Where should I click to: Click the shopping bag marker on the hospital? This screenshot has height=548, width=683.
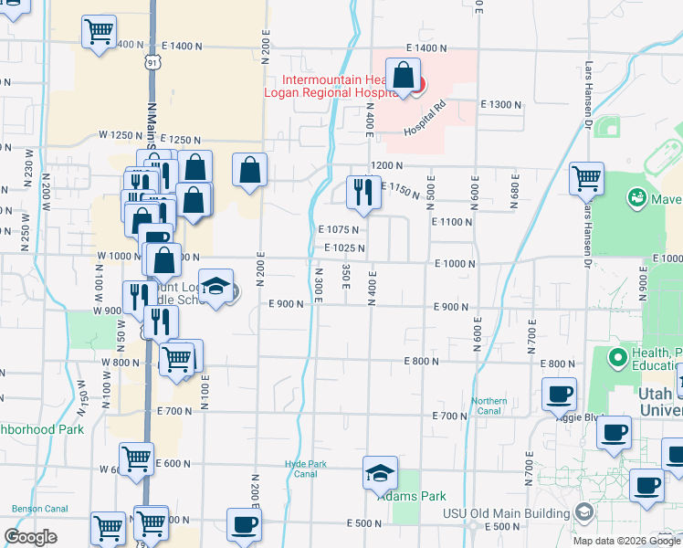403,78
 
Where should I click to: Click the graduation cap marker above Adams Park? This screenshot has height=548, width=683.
380,473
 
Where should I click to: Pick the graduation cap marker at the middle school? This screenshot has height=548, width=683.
215,288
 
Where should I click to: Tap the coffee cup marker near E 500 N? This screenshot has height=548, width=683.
244,525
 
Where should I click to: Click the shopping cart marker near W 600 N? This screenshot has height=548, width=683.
136,459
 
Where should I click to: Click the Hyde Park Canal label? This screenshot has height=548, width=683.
305,469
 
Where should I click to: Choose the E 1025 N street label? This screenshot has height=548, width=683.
343,248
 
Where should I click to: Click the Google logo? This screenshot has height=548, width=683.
31,536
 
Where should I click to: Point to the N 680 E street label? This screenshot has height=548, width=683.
513,186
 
